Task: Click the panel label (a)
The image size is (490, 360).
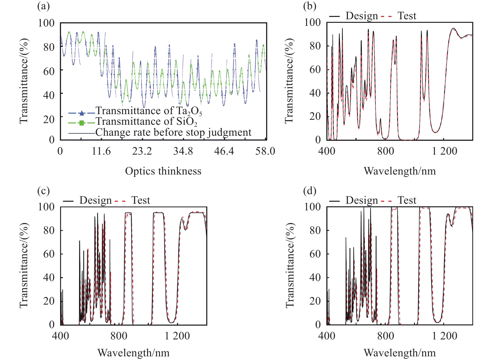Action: click(43, 6)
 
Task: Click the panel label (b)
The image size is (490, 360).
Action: click(310, 6)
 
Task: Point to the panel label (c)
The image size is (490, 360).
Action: click(43, 191)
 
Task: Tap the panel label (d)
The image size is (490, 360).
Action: click(310, 191)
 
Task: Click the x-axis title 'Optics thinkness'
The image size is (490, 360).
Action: click(163, 171)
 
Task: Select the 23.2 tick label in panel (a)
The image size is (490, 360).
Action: click(142, 151)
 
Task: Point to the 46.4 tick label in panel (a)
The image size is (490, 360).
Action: click(224, 151)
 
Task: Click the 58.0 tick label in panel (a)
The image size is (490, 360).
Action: click(265, 151)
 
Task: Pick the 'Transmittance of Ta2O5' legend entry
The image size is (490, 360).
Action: click(149, 111)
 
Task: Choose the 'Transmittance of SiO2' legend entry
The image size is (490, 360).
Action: click(146, 122)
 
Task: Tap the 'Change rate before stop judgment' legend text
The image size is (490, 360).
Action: click(173, 132)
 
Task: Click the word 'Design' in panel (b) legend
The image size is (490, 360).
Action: click(362, 16)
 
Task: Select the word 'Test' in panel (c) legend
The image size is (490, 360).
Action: click(141, 200)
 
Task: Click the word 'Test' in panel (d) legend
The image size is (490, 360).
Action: click(407, 200)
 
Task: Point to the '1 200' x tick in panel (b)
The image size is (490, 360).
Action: click(445, 151)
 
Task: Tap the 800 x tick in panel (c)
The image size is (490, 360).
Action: click(119, 336)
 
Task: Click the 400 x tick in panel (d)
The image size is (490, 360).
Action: click(327, 336)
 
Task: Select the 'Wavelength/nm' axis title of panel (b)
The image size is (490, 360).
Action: click(400, 171)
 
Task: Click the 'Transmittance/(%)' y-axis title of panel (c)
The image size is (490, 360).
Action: click(24, 265)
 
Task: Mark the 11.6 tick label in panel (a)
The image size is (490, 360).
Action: click(101, 151)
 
